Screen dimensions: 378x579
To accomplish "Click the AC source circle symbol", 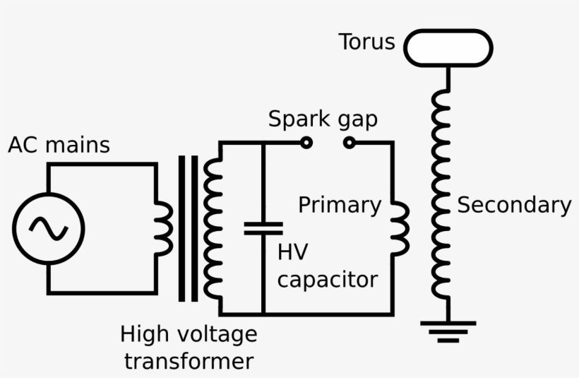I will click(x=48, y=228).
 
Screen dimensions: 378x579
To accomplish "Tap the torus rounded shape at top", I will click(x=448, y=48).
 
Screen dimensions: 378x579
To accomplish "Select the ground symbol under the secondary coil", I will click(x=448, y=331).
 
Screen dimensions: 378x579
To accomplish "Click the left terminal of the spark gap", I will click(x=306, y=143).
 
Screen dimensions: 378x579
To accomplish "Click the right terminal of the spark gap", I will click(x=349, y=143).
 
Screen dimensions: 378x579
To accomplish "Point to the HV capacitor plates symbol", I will click(x=263, y=228).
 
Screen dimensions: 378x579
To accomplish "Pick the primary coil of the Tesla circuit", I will click(x=400, y=228).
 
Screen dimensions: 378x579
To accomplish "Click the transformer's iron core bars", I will click(x=188, y=228).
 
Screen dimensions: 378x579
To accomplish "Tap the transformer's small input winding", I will click(x=164, y=228).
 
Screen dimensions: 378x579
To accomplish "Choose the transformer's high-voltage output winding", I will click(x=211, y=228).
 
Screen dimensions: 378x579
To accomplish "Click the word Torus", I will click(x=366, y=42).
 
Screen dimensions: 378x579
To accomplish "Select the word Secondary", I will click(x=514, y=205).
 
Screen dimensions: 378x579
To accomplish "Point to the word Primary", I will click(x=339, y=205).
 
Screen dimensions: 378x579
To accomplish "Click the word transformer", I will click(x=189, y=361).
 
